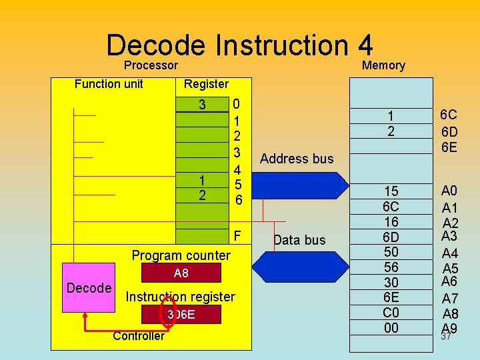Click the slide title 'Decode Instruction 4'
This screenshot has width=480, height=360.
pyautogui.click(x=239, y=45)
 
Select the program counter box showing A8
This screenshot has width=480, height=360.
pyautogui.click(x=181, y=273)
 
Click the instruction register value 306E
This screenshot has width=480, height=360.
pyautogui.click(x=181, y=314)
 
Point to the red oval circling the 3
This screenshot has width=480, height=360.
pyautogui.click(x=169, y=314)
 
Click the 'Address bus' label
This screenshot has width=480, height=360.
pyautogui.click(x=297, y=159)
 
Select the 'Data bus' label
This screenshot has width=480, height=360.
pyautogui.click(x=299, y=240)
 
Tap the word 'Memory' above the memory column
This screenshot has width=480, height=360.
pyautogui.click(x=383, y=65)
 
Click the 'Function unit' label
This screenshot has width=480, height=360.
pyautogui.click(x=109, y=83)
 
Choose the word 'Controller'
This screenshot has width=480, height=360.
pyautogui.click(x=138, y=335)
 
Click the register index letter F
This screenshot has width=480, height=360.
pyautogui.click(x=238, y=237)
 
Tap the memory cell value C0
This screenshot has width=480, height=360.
pyautogui.click(x=391, y=313)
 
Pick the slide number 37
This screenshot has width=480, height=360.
pyautogui.click(x=447, y=337)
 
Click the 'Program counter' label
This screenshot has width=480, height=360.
pyautogui.click(x=181, y=255)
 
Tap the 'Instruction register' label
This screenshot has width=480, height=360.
pyautogui.click(x=180, y=297)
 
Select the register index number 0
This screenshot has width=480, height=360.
pyautogui.click(x=237, y=105)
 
